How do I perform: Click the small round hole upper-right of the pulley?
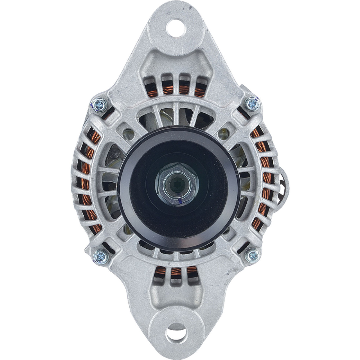point(224,132)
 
